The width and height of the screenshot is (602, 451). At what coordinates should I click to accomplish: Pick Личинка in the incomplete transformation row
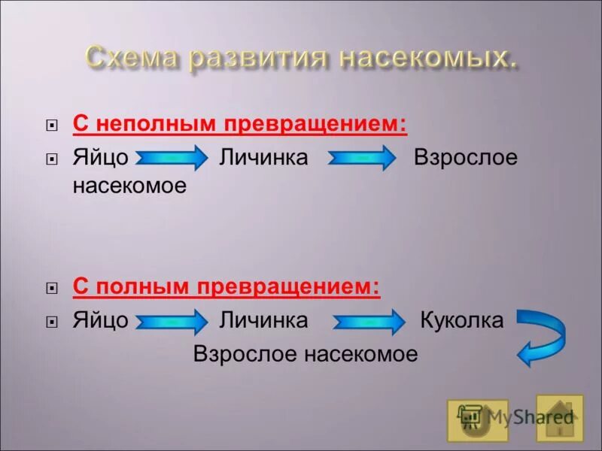pos(263,159)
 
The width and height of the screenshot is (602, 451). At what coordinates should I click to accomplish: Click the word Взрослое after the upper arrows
pos(466,159)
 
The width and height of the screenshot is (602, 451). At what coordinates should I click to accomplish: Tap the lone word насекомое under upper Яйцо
pos(129,186)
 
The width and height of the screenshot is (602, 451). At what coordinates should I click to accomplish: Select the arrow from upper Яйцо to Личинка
pos(172,159)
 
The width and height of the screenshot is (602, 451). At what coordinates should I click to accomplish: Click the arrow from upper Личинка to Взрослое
pos(362,159)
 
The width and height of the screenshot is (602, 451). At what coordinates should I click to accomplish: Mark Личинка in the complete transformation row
pos(263,321)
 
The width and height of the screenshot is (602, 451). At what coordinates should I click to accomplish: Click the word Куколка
pos(461,321)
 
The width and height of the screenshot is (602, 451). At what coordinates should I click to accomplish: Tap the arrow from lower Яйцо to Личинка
pos(172,322)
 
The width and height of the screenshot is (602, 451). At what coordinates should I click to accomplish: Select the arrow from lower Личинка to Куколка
pos(368,322)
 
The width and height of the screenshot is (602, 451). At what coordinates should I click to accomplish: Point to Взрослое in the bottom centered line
pos(245,354)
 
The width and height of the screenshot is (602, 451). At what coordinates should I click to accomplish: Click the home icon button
pos(559,418)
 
